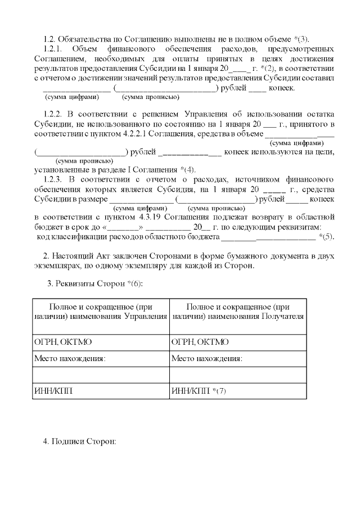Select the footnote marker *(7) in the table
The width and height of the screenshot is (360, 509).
tap(215, 391)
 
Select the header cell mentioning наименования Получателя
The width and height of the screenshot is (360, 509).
tap(237, 312)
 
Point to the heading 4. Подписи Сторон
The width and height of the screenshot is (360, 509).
tap(79, 440)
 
